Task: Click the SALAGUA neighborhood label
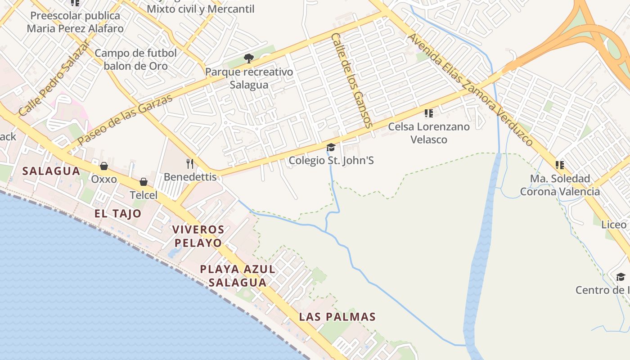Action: (x=51, y=171)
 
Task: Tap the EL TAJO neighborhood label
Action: (x=118, y=213)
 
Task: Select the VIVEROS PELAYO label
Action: (x=198, y=236)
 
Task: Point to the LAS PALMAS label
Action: (x=337, y=317)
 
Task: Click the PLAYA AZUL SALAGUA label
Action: (x=237, y=276)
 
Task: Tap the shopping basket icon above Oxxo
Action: (x=104, y=166)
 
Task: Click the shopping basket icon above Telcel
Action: (x=144, y=182)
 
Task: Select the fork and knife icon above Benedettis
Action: (x=190, y=163)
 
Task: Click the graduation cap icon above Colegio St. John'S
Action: (x=331, y=148)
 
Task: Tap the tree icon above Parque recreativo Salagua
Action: (x=248, y=58)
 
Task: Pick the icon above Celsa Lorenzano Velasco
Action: (x=429, y=113)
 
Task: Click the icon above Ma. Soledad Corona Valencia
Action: (x=559, y=165)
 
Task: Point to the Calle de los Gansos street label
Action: (x=352, y=80)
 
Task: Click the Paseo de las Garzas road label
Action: (x=125, y=120)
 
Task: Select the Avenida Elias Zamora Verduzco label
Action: (x=470, y=89)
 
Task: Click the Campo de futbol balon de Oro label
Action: (x=135, y=59)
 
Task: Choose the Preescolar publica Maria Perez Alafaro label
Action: (x=75, y=22)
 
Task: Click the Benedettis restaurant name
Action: (x=190, y=177)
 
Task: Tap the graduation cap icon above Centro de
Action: (x=621, y=277)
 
